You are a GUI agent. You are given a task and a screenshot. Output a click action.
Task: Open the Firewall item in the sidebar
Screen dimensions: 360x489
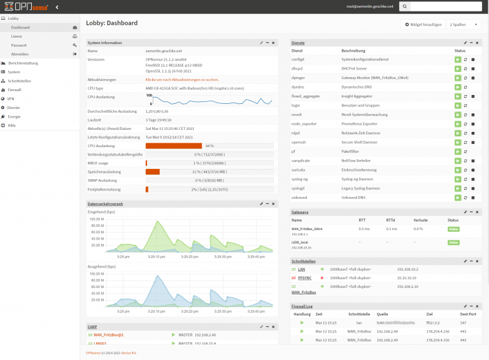pyautogui.click(x=15, y=90)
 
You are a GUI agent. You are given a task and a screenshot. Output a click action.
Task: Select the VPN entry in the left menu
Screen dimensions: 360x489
pyautogui.click(x=11, y=99)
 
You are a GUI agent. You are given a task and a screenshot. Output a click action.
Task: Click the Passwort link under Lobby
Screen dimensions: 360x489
pyautogui.click(x=18, y=45)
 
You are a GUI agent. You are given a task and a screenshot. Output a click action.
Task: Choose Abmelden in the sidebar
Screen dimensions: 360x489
pyautogui.click(x=20, y=54)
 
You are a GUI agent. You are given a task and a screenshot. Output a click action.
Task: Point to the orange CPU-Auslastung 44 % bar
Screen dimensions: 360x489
pyautogui.click(x=173, y=146)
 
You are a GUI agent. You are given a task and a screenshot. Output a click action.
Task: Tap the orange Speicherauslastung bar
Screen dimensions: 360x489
pyautogui.click(x=153, y=171)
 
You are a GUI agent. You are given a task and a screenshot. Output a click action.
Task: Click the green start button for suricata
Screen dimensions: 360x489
pyautogui.click(x=457, y=170)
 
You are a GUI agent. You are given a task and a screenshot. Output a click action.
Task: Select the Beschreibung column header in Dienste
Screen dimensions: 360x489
pyautogui.click(x=353, y=50)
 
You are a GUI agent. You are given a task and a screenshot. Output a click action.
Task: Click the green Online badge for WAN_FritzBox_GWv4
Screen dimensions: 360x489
pyautogui.click(x=453, y=228)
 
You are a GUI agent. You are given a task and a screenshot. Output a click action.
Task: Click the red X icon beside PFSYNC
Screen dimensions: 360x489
pyautogui.click(x=322, y=278)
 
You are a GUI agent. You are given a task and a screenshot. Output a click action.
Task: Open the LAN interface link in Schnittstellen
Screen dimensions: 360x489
pyautogui.click(x=302, y=269)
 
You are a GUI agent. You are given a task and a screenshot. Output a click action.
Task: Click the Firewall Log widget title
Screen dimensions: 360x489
pyautogui.click(x=302, y=306)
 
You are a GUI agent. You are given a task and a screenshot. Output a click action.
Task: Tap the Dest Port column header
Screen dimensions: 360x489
pyautogui.click(x=468, y=314)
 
